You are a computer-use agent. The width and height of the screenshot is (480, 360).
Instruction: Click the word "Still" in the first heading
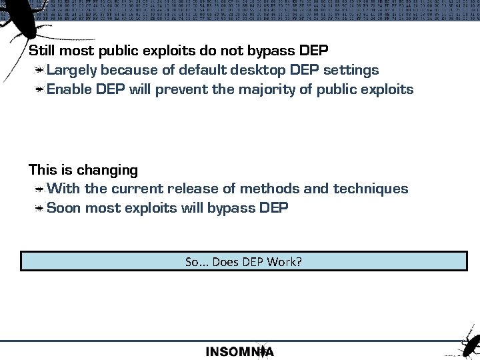[x=41, y=51]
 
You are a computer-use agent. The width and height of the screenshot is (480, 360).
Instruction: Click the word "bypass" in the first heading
[x=271, y=51]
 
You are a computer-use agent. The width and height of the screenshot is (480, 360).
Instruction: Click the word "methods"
[x=267, y=189]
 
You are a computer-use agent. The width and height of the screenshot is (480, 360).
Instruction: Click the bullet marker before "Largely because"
[x=41, y=71]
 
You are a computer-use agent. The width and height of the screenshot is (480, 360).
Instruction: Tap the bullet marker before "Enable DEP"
[x=41, y=90]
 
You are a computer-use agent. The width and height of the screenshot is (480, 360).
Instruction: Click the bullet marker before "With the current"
[x=41, y=189]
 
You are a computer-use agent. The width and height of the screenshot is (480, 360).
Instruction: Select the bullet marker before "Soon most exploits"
[x=41, y=209]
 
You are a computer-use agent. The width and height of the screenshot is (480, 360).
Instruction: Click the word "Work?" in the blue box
[x=285, y=262]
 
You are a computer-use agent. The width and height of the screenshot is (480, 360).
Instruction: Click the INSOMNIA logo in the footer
[x=239, y=351]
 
